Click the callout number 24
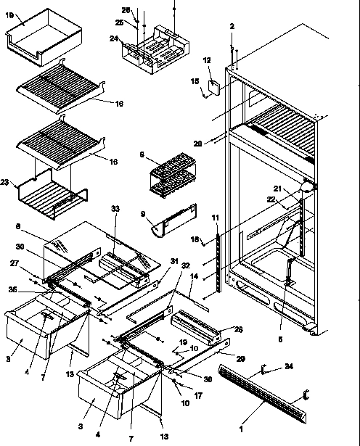coord(114,38)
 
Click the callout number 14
coord(194,276)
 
